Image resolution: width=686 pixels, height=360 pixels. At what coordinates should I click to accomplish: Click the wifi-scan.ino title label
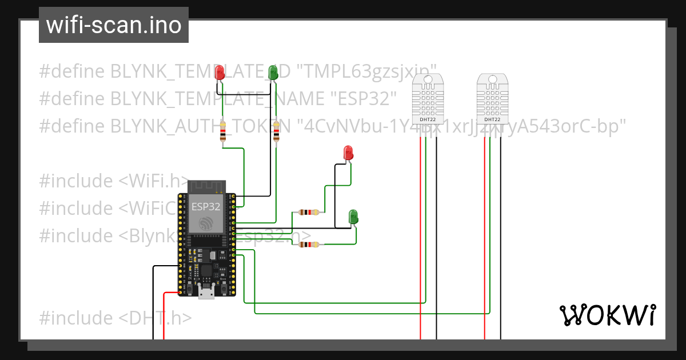coord(113,25)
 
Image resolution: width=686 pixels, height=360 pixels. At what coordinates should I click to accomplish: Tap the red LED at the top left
coord(220,73)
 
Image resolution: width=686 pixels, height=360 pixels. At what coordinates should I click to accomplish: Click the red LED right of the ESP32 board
coord(348,153)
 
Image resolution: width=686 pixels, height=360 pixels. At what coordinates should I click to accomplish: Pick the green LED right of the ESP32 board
coord(354,216)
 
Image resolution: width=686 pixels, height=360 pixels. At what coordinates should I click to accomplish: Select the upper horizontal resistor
coord(309,213)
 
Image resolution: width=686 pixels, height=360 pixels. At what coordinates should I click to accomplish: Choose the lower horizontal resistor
coord(309,245)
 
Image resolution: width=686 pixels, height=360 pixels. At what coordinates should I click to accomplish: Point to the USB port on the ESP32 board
coord(206,293)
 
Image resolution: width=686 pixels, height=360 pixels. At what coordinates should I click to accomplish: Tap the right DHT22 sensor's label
coord(492,120)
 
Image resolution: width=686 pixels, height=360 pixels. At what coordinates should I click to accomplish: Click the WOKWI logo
coord(607,315)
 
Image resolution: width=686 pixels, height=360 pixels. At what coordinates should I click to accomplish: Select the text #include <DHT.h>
coord(115,318)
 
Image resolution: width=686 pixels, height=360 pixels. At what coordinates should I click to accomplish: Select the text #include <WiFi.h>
coord(114,181)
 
